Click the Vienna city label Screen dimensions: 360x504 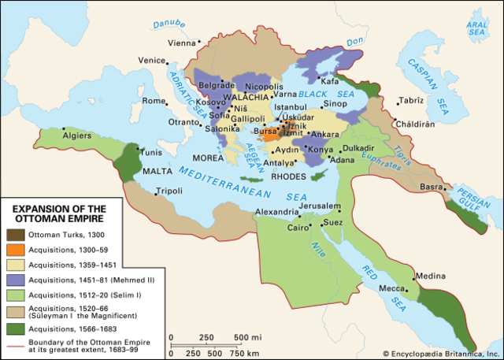point(180,43)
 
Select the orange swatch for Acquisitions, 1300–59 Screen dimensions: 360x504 point(14,250)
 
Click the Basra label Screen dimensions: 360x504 point(432,187)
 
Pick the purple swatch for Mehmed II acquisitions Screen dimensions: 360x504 point(14,280)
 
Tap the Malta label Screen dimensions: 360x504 point(156,170)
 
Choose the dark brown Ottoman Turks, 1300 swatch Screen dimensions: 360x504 point(14,234)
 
